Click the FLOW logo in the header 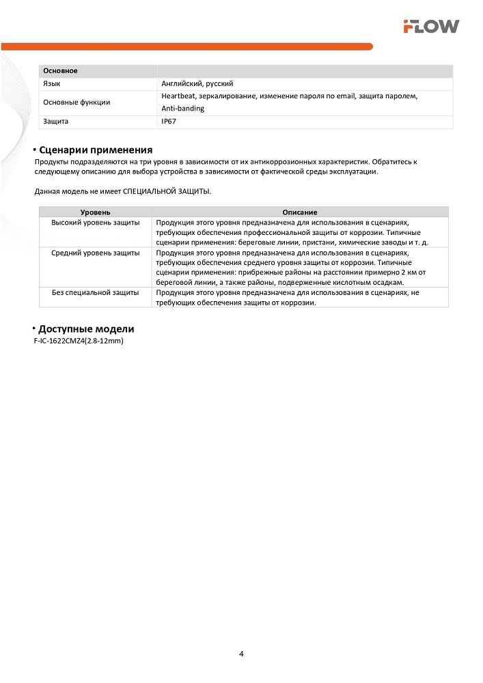430,27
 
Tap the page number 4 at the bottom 241,654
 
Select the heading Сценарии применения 95,150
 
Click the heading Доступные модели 86,329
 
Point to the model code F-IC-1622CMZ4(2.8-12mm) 78,340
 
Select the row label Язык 52,83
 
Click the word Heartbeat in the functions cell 179,96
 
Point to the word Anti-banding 183,109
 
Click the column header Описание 300,212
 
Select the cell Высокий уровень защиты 96,223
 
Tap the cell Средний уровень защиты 96,253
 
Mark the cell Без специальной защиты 96,292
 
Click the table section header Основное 60,71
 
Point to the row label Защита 56,122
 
